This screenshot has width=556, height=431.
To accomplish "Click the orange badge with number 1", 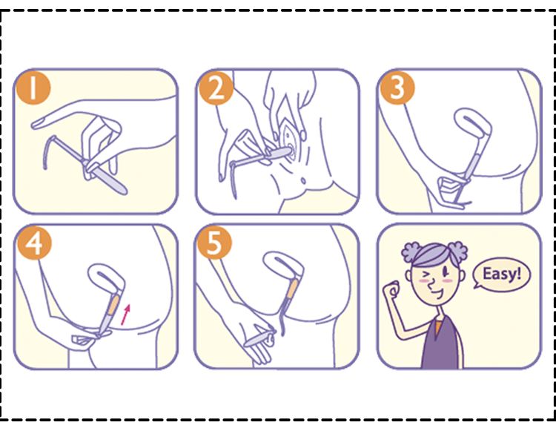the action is click(33, 88).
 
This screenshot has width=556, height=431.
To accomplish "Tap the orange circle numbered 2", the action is click(216, 88).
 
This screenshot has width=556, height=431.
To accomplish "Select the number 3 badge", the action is click(397, 88).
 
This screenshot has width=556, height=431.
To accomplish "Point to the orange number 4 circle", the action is click(34, 243).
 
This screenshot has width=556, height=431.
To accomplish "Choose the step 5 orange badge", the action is click(214, 243).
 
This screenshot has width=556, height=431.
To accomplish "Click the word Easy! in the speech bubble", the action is click(502, 274).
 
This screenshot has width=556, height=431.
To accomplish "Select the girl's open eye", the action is click(446, 272).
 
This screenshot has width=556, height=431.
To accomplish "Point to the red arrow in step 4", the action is click(125, 315).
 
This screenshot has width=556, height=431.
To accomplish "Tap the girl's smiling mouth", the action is click(437, 294).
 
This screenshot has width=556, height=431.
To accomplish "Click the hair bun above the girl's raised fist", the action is click(412, 252).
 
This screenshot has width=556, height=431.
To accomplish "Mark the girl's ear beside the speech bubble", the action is click(462, 275).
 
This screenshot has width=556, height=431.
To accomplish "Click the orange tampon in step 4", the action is click(113, 305).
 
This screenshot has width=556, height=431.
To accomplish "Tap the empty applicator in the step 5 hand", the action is click(259, 339).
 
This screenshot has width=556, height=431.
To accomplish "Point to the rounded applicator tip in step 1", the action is click(123, 190).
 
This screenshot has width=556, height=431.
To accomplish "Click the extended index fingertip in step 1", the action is click(35, 124).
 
